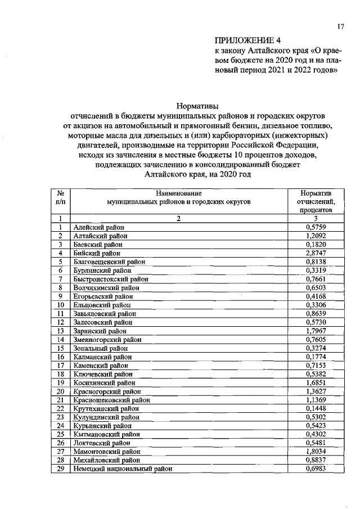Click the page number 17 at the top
click(x=340, y=26)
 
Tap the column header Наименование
click(x=178, y=192)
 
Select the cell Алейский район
click(x=98, y=227)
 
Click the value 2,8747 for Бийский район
click(x=316, y=254)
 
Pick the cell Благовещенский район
click(x=109, y=262)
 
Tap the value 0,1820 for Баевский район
click(x=316, y=245)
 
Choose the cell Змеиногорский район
click(x=107, y=340)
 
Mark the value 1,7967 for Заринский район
click(x=316, y=331)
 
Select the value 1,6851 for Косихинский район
click(x=316, y=382)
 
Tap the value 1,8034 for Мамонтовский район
click(x=316, y=451)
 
